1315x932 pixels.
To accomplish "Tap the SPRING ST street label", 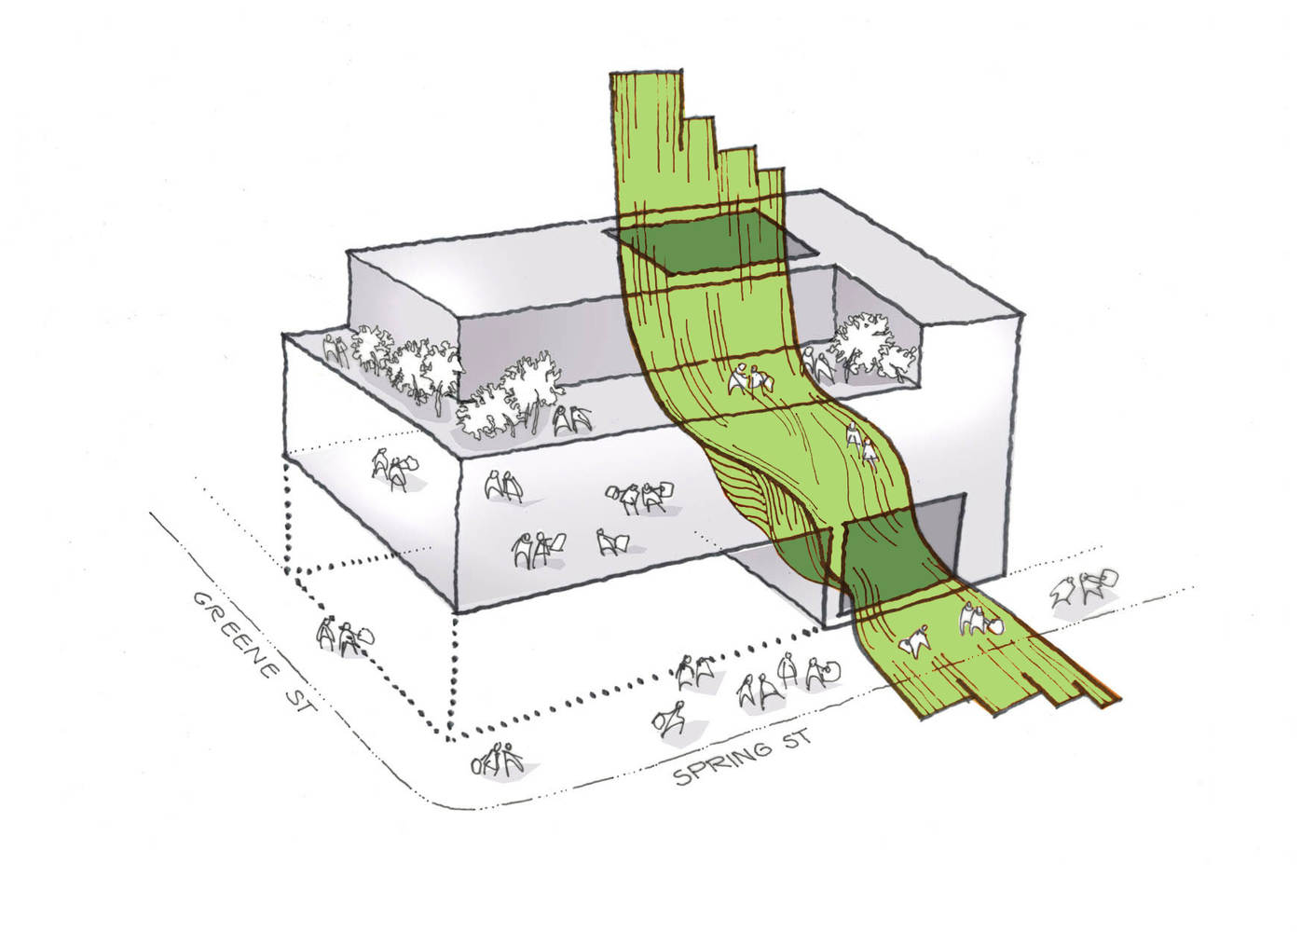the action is point(743,757).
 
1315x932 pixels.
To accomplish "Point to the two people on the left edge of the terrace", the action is point(337,352).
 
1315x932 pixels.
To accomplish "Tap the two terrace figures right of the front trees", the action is point(570,419).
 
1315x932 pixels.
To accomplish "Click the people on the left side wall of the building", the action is point(394,471).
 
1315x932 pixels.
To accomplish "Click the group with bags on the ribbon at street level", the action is point(980,619).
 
